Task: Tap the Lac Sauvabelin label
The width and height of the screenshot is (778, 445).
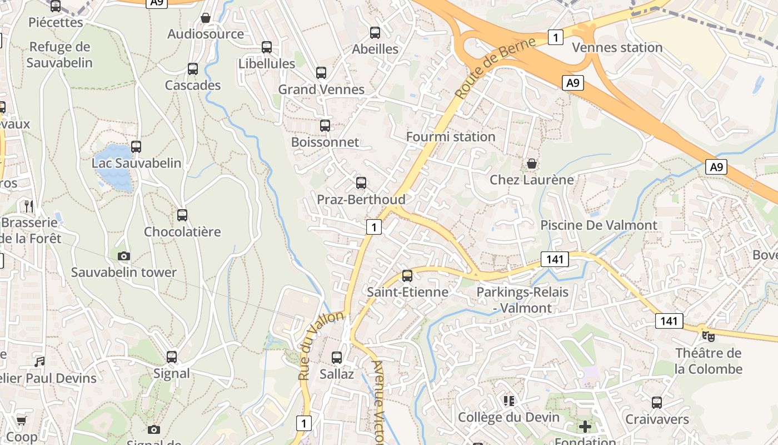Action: click(x=137, y=163)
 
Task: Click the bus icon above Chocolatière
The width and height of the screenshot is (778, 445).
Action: click(x=182, y=215)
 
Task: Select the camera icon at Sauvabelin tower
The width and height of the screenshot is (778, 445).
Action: click(x=124, y=256)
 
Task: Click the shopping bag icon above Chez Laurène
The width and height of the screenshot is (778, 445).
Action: click(x=532, y=164)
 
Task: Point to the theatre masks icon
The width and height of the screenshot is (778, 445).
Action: click(x=708, y=336)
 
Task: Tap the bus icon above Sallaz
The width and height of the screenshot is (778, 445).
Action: click(x=337, y=358)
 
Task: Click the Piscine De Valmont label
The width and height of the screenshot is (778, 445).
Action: click(x=599, y=225)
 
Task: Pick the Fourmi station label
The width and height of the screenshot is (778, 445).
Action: click(x=451, y=137)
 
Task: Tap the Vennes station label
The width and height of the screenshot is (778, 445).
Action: click(x=617, y=48)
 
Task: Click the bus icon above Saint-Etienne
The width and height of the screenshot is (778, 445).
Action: click(x=407, y=275)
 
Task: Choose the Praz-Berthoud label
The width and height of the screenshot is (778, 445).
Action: click(x=361, y=199)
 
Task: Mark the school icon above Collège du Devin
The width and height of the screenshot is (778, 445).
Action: click(x=508, y=400)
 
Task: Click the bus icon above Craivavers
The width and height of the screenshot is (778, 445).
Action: click(x=657, y=403)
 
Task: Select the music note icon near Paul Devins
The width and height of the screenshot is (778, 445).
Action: click(x=39, y=362)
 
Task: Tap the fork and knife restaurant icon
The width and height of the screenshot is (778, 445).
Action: click(x=29, y=206)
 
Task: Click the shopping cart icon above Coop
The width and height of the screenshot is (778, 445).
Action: click(x=21, y=421)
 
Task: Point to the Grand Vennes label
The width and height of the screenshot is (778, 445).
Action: click(x=321, y=90)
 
